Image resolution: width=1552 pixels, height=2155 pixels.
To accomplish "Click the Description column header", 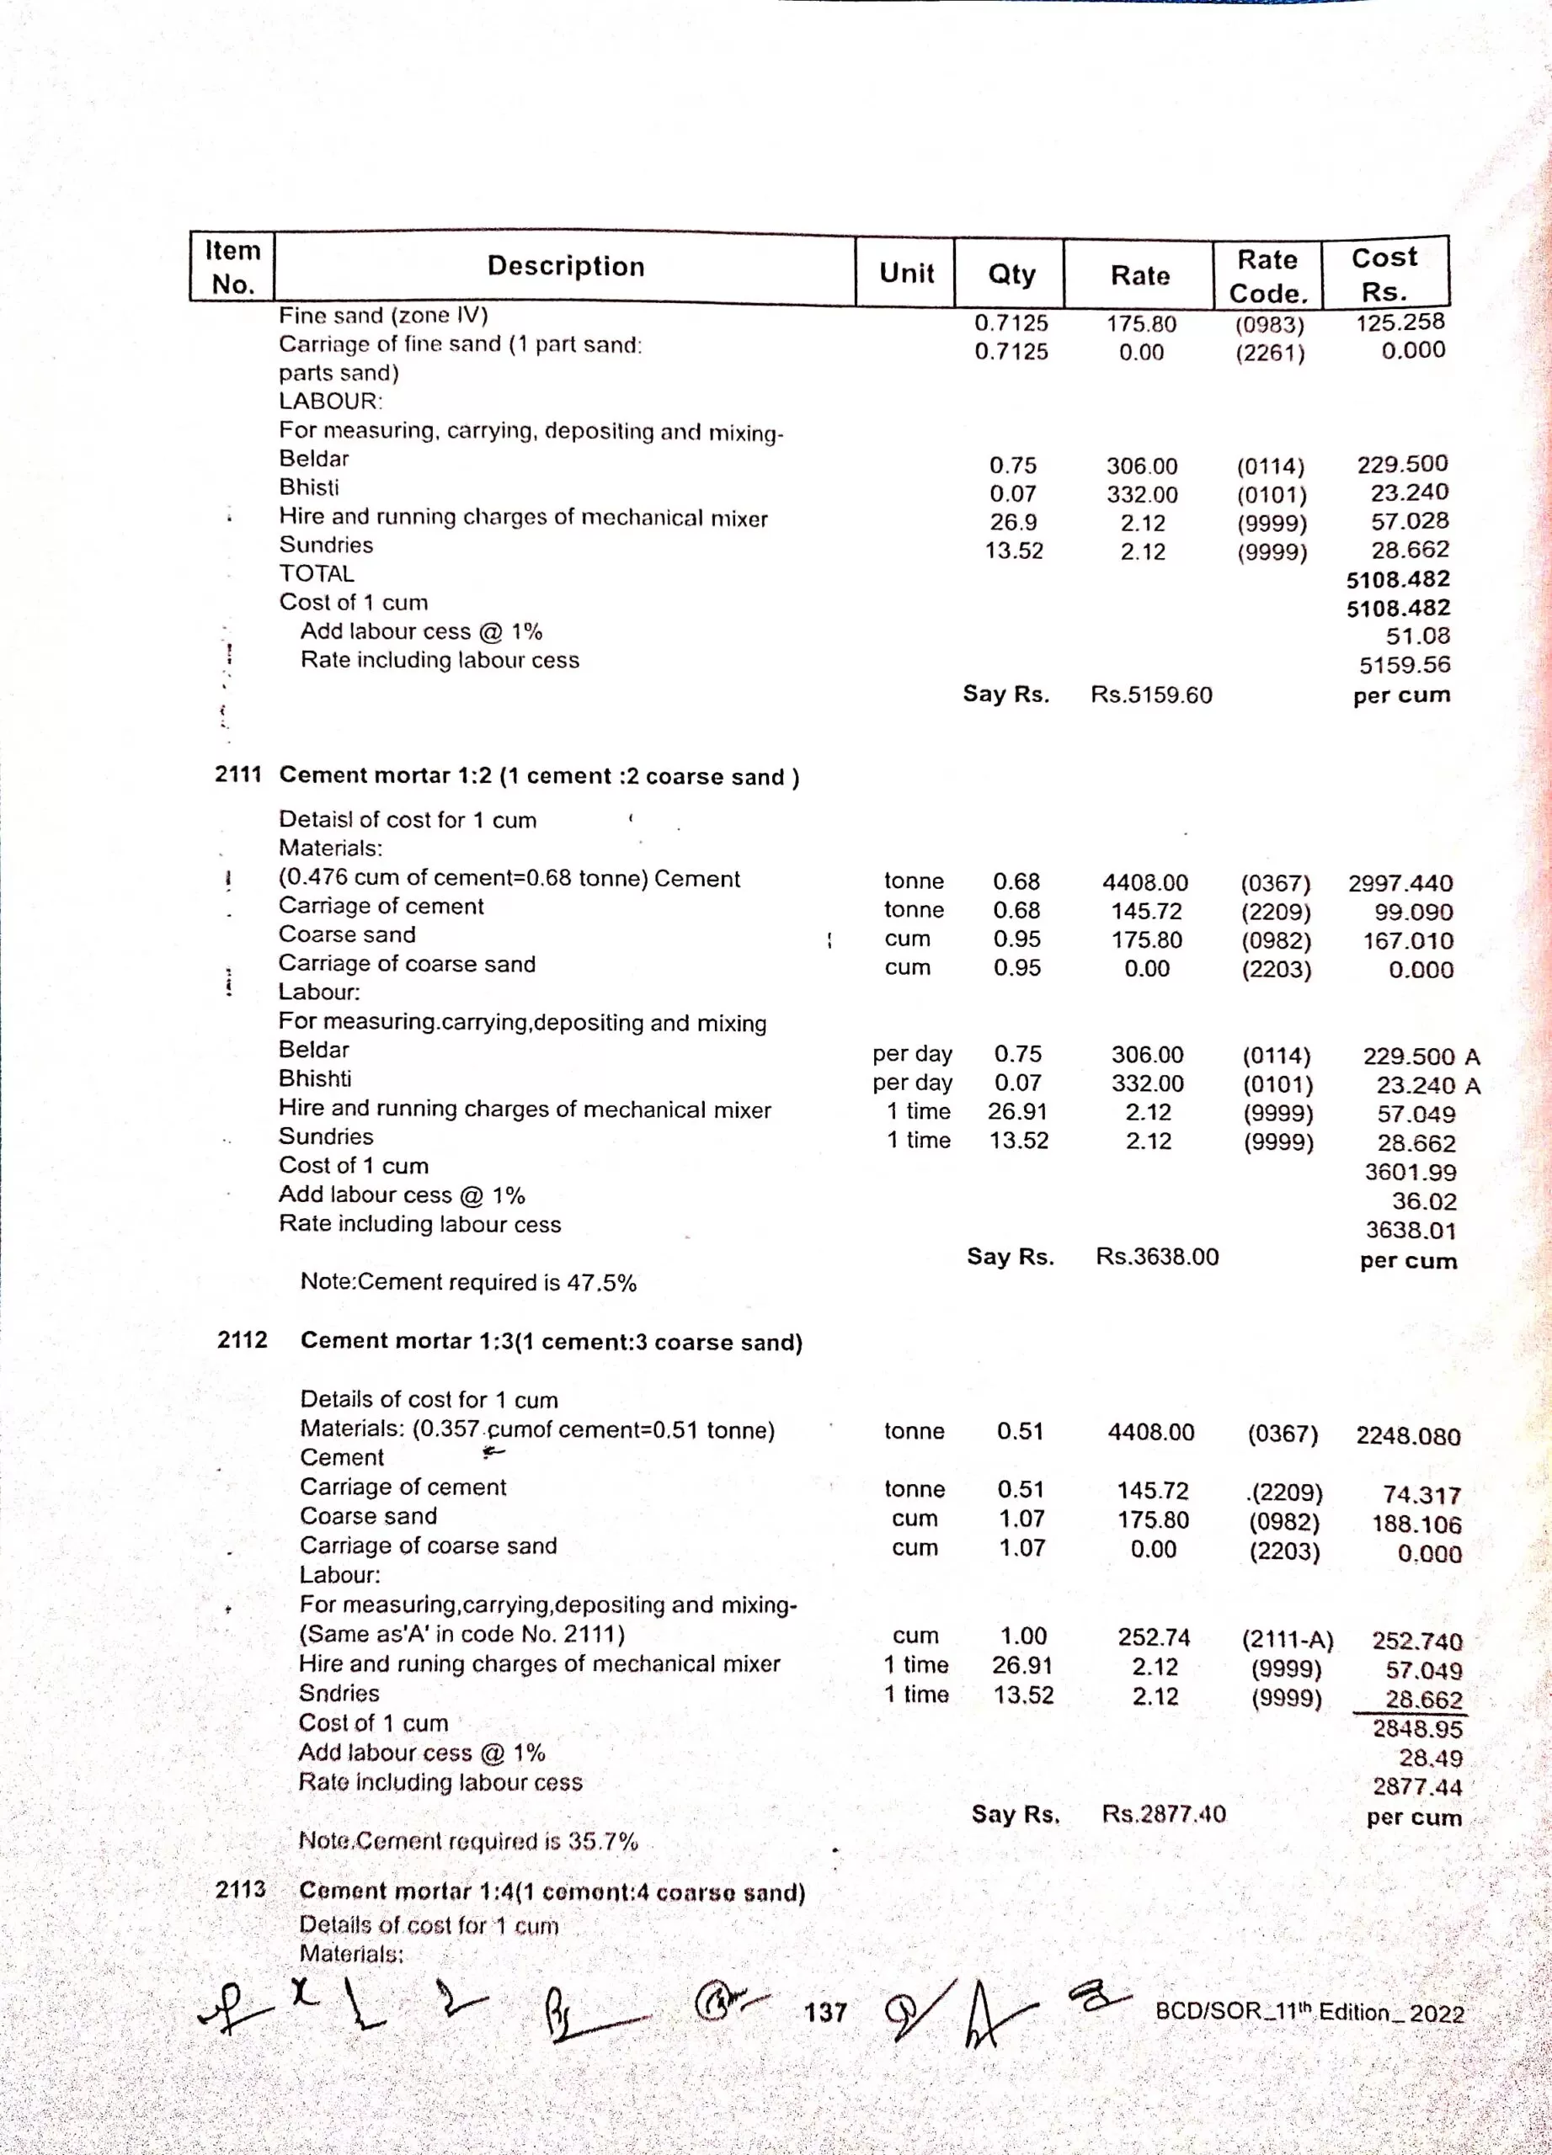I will tap(566, 266).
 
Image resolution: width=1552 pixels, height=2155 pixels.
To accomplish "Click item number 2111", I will tap(237, 774).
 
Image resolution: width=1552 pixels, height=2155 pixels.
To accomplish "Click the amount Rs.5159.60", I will tap(1151, 694).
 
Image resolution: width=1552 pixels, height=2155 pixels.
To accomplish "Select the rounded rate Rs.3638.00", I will tap(1157, 1256).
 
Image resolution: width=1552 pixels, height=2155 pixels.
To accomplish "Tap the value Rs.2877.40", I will tap(1163, 1814).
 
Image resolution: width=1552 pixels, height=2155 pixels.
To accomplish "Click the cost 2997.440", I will tap(1400, 884).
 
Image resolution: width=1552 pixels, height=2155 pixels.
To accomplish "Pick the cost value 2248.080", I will tap(1407, 1436).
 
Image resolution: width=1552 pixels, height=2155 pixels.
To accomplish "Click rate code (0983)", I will tap(1270, 325).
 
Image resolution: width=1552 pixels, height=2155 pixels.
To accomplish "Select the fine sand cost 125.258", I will tap(1400, 322).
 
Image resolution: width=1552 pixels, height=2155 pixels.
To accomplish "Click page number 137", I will tap(825, 2012).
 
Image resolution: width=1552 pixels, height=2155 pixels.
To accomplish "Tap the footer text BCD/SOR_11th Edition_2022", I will tap(1309, 2012).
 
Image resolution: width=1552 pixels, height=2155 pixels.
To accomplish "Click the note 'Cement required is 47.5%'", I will tap(467, 1282).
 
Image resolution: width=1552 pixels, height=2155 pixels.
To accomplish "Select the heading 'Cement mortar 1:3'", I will tap(552, 1341).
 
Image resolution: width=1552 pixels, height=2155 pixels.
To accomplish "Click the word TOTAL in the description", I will tap(317, 574).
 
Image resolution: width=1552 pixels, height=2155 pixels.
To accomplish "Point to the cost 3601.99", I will tap(1411, 1173).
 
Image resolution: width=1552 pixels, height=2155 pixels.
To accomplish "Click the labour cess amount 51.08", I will tap(1418, 636).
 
